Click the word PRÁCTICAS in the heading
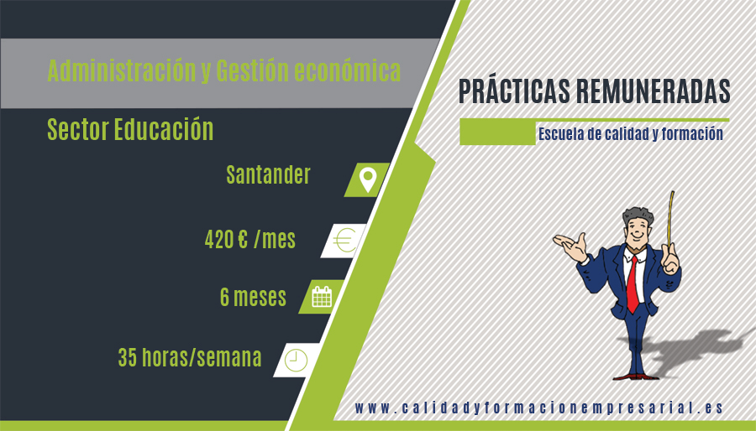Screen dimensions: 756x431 [x=514, y=91]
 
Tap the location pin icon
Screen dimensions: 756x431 [x=368, y=180]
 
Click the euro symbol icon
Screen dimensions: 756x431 [x=344, y=240]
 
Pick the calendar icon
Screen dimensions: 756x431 [x=322, y=296]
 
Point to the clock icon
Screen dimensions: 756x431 [x=296, y=360]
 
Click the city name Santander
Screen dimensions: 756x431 [x=268, y=174]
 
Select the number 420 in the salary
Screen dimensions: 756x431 [x=219, y=239]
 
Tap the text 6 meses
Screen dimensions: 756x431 [x=253, y=297]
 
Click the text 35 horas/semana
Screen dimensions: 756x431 [x=190, y=357]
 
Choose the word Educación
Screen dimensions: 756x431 [x=164, y=129]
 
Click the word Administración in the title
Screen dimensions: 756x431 [x=122, y=70]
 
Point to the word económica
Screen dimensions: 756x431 [x=348, y=70]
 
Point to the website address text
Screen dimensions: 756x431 [x=539, y=408]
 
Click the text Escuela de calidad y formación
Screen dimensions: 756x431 [x=631, y=133]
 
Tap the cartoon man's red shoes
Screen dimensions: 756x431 [x=636, y=376]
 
